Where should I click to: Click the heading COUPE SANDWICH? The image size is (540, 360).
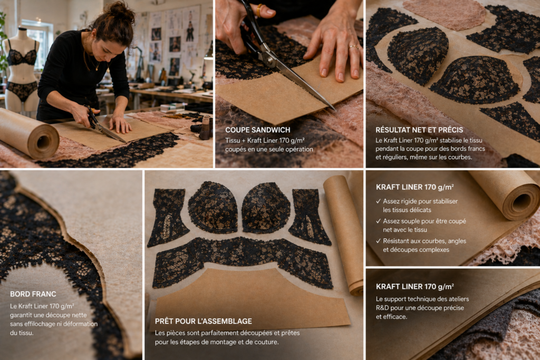point(257,130)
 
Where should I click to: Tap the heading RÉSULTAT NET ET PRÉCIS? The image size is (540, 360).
point(419,130)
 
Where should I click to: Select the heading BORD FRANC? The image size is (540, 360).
point(33,294)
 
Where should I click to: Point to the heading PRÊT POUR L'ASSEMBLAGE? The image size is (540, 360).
point(204,321)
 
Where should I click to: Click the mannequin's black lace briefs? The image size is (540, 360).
point(22,90)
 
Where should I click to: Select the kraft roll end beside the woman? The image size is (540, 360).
point(43,141)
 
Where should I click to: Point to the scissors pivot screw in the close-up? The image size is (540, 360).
point(269,58)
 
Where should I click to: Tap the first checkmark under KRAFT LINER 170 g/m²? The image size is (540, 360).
point(379,201)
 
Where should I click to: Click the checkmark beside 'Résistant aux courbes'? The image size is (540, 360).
point(379,241)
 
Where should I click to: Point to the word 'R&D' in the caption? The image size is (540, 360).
point(383,308)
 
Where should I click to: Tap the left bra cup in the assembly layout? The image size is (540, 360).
point(213,208)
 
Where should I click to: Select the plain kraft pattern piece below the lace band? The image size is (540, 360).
point(249,298)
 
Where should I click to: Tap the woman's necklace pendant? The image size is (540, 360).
point(97,69)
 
